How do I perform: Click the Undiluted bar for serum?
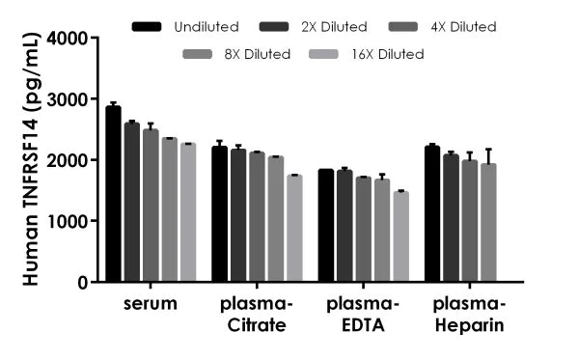pos(113,194)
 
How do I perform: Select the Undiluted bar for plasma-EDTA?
pos(325,226)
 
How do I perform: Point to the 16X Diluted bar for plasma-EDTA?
pos(400,236)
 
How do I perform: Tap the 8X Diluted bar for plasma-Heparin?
pos(488,223)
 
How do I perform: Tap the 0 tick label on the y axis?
pos(81,283)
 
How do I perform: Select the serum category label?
pos(151,304)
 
